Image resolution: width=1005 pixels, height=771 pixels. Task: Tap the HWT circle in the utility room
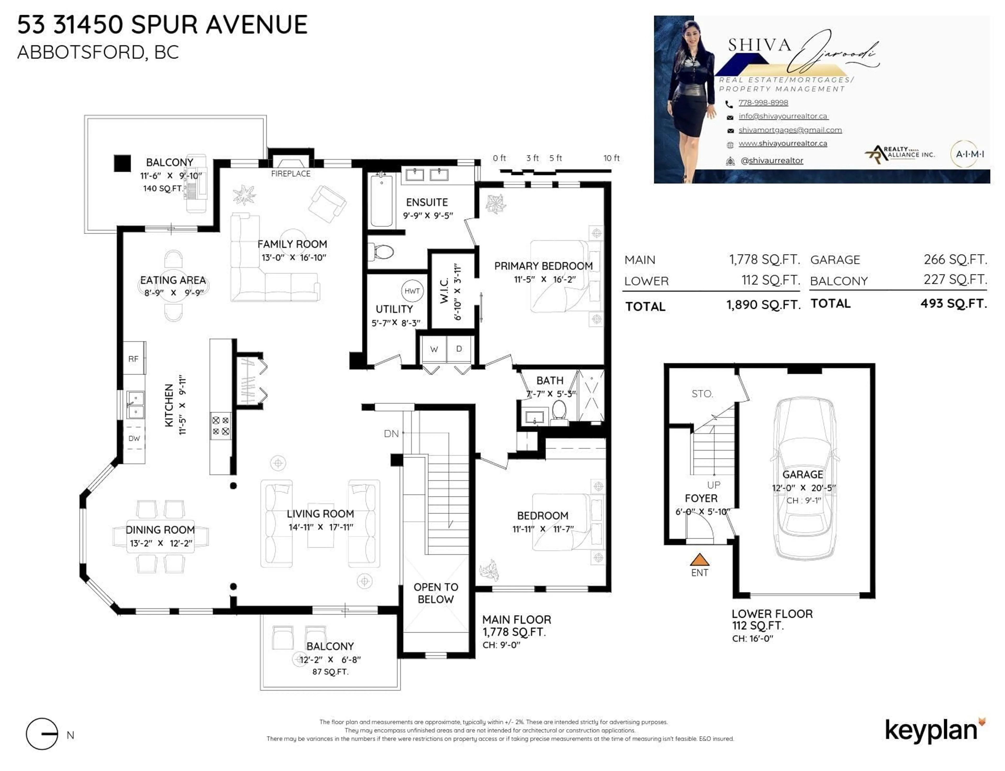[412, 291]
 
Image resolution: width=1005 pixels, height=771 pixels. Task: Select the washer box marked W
[434, 349]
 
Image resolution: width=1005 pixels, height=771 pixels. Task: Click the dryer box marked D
[459, 349]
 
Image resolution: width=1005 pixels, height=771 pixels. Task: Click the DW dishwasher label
[134, 438]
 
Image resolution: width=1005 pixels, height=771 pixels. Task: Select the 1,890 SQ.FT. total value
[763, 305]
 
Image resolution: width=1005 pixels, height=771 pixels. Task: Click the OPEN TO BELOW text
[435, 593]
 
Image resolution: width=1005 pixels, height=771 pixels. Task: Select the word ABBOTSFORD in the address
[82, 52]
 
